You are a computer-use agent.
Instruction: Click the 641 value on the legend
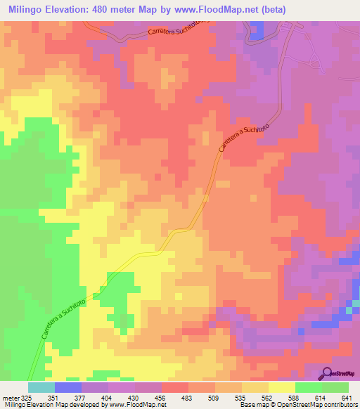coord(347,397)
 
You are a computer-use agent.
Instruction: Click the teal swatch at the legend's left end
coord(41,387)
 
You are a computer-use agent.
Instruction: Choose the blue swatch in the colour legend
coord(68,387)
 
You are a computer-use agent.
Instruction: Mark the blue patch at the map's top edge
coord(257,30)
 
